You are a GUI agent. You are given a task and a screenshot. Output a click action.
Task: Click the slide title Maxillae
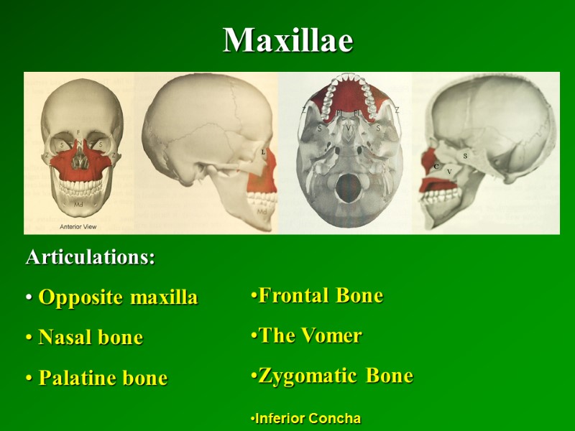point(287,41)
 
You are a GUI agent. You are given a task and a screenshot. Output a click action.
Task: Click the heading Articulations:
point(91,258)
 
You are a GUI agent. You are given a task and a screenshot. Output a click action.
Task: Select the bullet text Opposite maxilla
point(118,298)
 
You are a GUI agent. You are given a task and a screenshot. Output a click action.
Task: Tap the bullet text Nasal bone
point(91,338)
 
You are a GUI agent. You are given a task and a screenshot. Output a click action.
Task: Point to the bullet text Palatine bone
point(103,378)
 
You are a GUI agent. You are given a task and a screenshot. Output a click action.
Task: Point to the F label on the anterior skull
point(78,132)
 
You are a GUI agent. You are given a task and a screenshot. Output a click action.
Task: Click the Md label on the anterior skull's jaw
point(78,204)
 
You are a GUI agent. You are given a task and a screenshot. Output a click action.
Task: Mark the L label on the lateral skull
point(263,152)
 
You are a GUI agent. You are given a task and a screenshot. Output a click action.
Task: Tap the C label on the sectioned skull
point(436,166)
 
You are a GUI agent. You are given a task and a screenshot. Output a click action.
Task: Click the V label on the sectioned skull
point(449,172)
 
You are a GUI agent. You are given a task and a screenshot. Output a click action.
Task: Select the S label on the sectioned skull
point(465,155)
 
